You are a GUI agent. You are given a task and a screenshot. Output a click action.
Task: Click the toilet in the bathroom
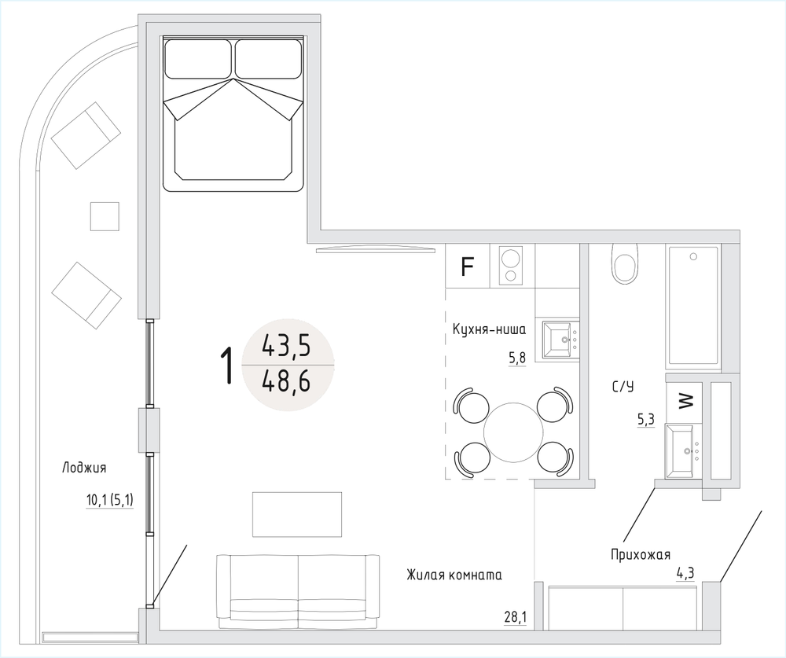[625, 264]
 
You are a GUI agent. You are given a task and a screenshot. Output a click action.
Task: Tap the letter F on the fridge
[467, 267]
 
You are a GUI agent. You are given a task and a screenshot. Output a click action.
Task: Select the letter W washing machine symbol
[685, 401]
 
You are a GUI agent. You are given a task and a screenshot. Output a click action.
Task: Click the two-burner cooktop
[511, 266]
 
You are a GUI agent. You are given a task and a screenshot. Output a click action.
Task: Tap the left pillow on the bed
[198, 59]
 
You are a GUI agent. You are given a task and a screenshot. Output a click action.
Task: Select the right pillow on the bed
[268, 59]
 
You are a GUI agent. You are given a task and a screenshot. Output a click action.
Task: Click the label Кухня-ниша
[489, 329]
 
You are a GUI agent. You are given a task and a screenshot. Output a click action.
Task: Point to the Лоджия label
[84, 468]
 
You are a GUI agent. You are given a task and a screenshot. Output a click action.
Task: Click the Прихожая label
[641, 555]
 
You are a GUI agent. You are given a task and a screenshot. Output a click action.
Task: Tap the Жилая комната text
[454, 575]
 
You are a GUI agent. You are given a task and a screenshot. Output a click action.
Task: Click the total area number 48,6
[286, 383]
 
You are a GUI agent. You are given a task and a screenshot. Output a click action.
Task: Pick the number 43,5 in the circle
[286, 346]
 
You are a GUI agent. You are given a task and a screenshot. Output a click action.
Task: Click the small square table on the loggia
[105, 216]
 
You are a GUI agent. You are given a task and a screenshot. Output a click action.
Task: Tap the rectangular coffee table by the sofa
[297, 515]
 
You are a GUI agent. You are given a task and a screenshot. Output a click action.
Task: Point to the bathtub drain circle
[693, 256]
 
